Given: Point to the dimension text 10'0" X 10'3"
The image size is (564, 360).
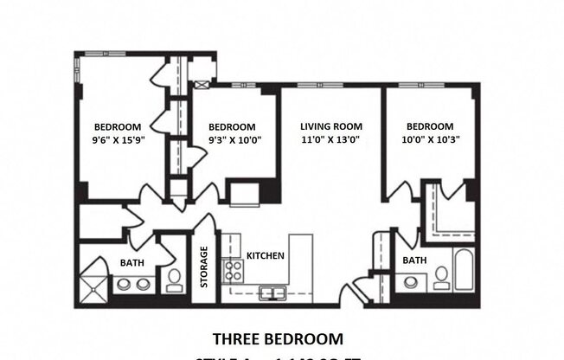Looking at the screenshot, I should click(x=430, y=138).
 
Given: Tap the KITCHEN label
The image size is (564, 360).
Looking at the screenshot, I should click(x=266, y=256).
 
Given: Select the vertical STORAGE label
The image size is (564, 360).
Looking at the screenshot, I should click(x=204, y=267).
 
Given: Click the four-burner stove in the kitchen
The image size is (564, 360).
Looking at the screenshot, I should click(x=233, y=269).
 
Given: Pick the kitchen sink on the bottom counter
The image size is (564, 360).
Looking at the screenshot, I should click(x=272, y=292).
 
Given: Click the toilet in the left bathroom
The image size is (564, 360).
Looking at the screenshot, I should click(x=174, y=278).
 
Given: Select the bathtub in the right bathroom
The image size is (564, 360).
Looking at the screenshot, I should click(x=464, y=270).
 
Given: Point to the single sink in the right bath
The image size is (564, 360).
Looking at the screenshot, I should click(x=411, y=280).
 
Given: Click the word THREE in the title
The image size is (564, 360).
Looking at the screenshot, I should click(x=236, y=338).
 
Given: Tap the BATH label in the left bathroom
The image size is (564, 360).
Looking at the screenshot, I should click(x=131, y=262).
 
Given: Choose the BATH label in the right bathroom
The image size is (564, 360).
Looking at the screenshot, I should click(x=414, y=260).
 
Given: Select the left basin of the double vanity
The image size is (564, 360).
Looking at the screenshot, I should click(x=123, y=284).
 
